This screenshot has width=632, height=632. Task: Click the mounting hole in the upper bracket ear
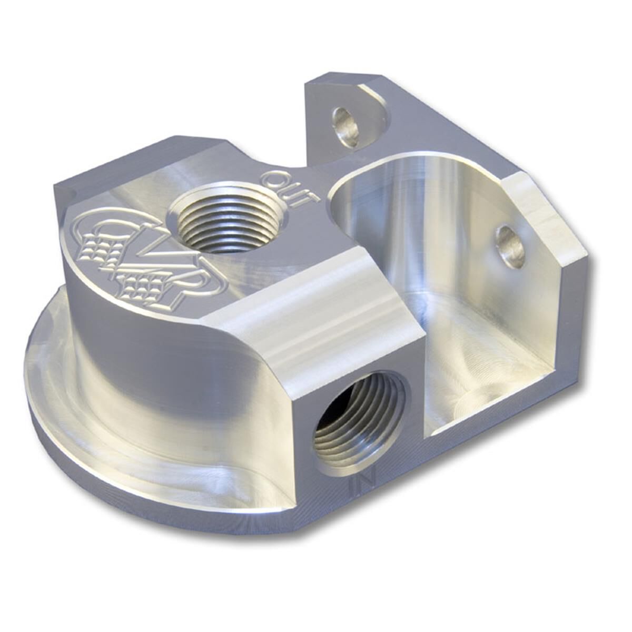[x=347, y=127]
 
